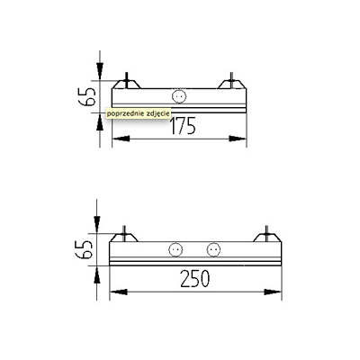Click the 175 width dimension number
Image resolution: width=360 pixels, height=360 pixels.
point(183,126)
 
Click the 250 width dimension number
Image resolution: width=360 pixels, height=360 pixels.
point(195,278)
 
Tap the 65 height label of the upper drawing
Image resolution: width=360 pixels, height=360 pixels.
point(87,96)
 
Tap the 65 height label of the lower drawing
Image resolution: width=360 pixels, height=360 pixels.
point(84,249)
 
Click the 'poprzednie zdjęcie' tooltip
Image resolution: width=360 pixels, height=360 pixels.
point(139,113)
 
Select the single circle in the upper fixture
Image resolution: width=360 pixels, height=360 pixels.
point(179,96)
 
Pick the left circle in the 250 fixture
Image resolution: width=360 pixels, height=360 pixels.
point(175,249)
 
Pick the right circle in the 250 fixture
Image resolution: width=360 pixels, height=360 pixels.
point(213,249)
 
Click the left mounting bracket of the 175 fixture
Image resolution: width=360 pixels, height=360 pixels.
point(126,83)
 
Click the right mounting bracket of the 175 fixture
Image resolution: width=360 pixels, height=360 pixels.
point(231,83)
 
